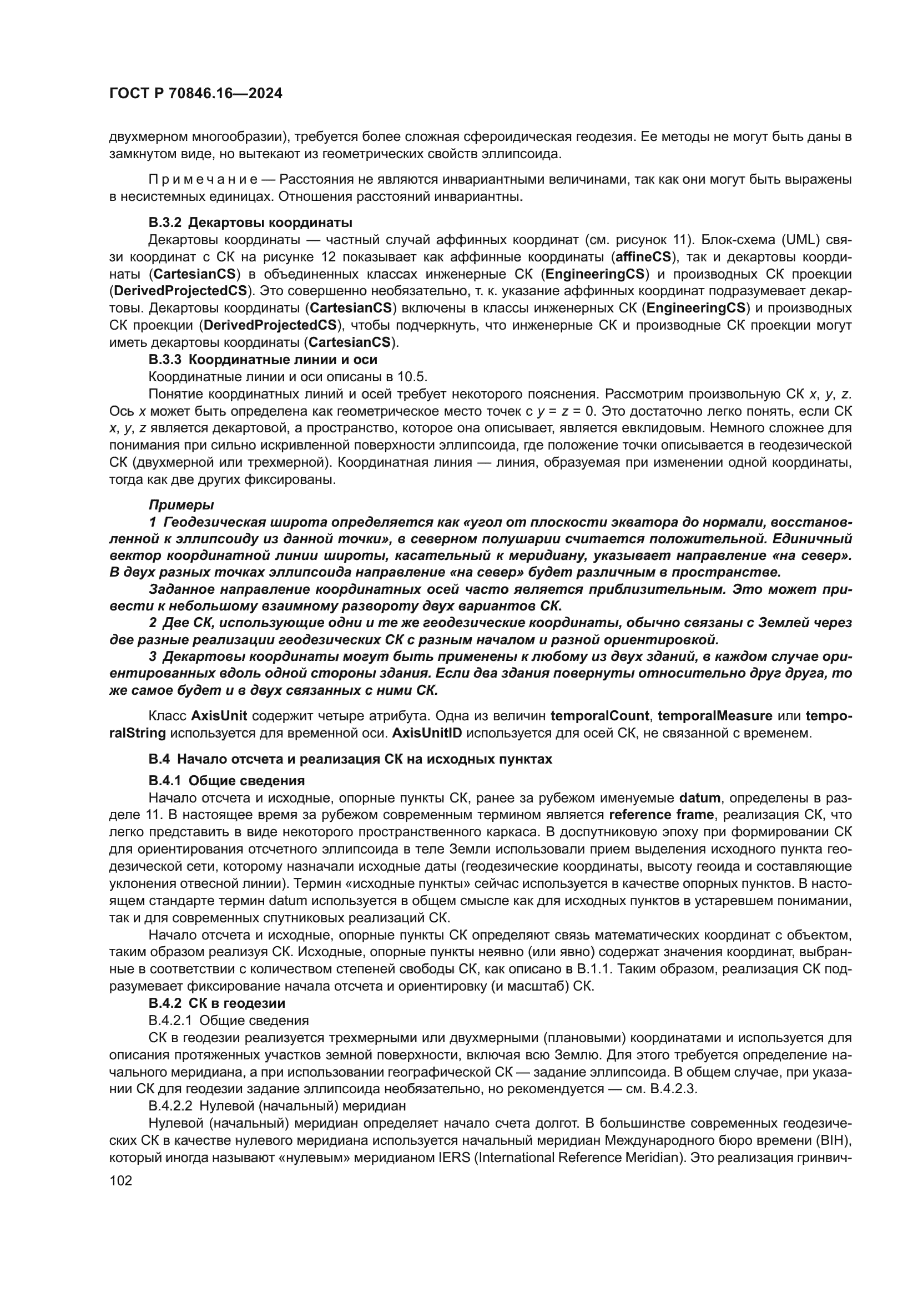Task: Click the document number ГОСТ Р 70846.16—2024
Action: tap(195, 94)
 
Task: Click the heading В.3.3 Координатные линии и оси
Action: tap(263, 360)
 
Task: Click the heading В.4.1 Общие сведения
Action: tap(226, 781)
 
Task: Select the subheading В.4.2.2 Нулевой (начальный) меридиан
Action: tap(277, 1105)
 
